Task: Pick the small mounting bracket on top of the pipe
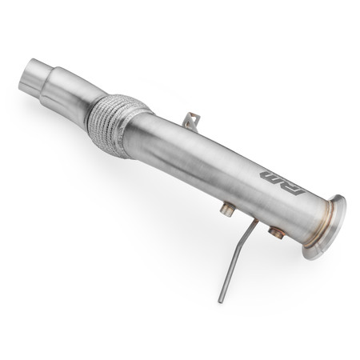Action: coord(190,122)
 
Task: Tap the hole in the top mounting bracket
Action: coord(190,120)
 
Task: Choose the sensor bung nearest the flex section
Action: coord(227,210)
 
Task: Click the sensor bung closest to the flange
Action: coord(277,233)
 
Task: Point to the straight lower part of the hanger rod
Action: coord(228,276)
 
